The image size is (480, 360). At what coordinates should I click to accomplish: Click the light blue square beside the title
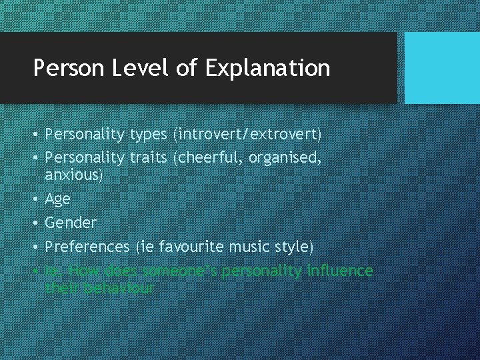point(442,68)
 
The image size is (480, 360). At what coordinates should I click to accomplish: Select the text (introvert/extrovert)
point(247,135)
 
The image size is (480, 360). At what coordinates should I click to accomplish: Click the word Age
point(57,199)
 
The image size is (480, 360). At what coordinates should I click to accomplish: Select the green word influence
point(339,271)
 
